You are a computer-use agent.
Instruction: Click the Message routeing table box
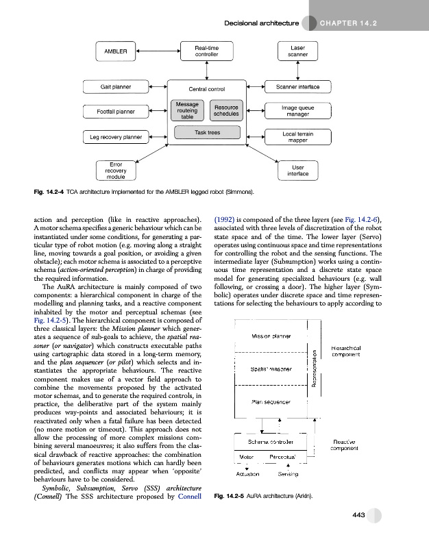point(187,112)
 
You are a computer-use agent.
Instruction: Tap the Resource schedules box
point(226,112)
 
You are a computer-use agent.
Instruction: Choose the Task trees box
point(207,132)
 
